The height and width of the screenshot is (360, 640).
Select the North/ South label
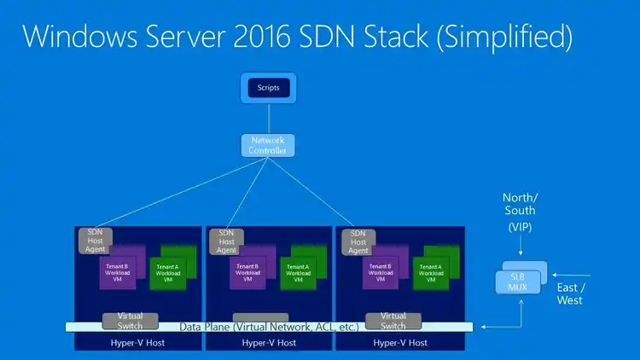[x=520, y=204]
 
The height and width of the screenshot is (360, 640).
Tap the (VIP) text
[x=520, y=228]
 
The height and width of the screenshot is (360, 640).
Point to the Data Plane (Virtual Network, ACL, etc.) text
[x=268, y=327]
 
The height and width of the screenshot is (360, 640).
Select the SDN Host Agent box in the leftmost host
[x=95, y=241]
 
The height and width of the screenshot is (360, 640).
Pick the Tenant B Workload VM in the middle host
[x=247, y=271]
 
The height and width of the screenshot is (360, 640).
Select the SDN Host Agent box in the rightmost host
[x=358, y=241]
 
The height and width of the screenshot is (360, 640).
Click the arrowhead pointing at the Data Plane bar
[x=484, y=327]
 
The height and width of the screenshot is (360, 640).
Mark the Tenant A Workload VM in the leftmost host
[x=167, y=271]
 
